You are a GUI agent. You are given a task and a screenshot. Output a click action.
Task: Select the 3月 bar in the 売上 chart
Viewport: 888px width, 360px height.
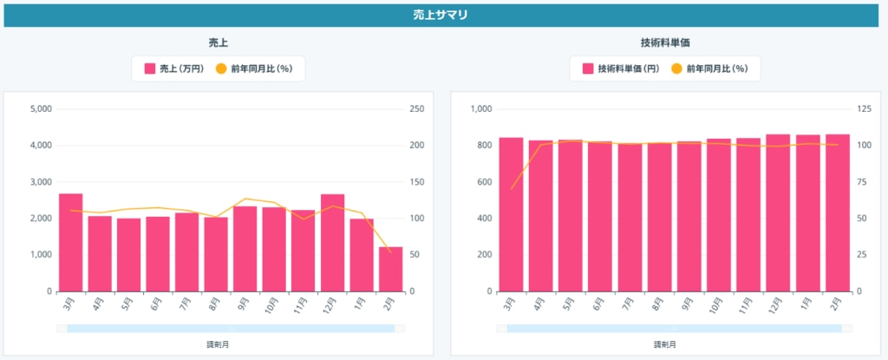pyautogui.click(x=70, y=242)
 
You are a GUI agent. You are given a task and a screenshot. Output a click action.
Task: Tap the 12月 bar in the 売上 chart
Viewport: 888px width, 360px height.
pyautogui.click(x=332, y=243)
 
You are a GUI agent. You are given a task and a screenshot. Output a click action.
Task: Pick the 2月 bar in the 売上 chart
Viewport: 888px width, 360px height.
pyautogui.click(x=390, y=269)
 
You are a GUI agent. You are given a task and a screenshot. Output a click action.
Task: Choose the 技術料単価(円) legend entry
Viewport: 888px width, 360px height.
pyautogui.click(x=624, y=69)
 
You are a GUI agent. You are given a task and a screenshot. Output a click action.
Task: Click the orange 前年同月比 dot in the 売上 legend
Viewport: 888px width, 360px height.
pyautogui.click(x=220, y=69)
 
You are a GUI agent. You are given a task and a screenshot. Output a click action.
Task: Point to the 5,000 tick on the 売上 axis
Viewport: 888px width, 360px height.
pyautogui.click(x=41, y=109)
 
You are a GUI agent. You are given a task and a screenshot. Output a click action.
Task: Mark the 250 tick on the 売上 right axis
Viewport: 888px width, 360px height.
pyautogui.click(x=416, y=109)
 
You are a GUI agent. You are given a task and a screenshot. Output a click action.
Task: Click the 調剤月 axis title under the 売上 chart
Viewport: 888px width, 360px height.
pyautogui.click(x=219, y=344)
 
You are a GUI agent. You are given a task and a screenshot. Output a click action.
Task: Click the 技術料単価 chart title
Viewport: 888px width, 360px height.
pyautogui.click(x=664, y=42)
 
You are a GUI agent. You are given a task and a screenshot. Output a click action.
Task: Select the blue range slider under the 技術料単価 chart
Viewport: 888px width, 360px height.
pyautogui.click(x=674, y=328)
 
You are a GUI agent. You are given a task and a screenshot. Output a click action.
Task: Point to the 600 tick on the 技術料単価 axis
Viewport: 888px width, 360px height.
pyautogui.click(x=485, y=182)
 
